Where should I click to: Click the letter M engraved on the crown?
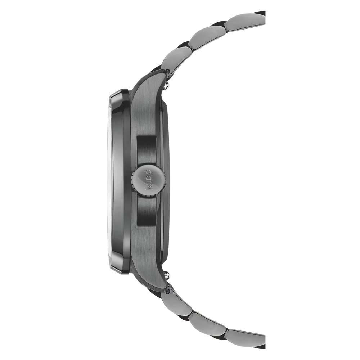click(149, 187)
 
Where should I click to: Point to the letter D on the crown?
click(149, 178)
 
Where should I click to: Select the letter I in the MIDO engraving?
click(149, 182)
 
